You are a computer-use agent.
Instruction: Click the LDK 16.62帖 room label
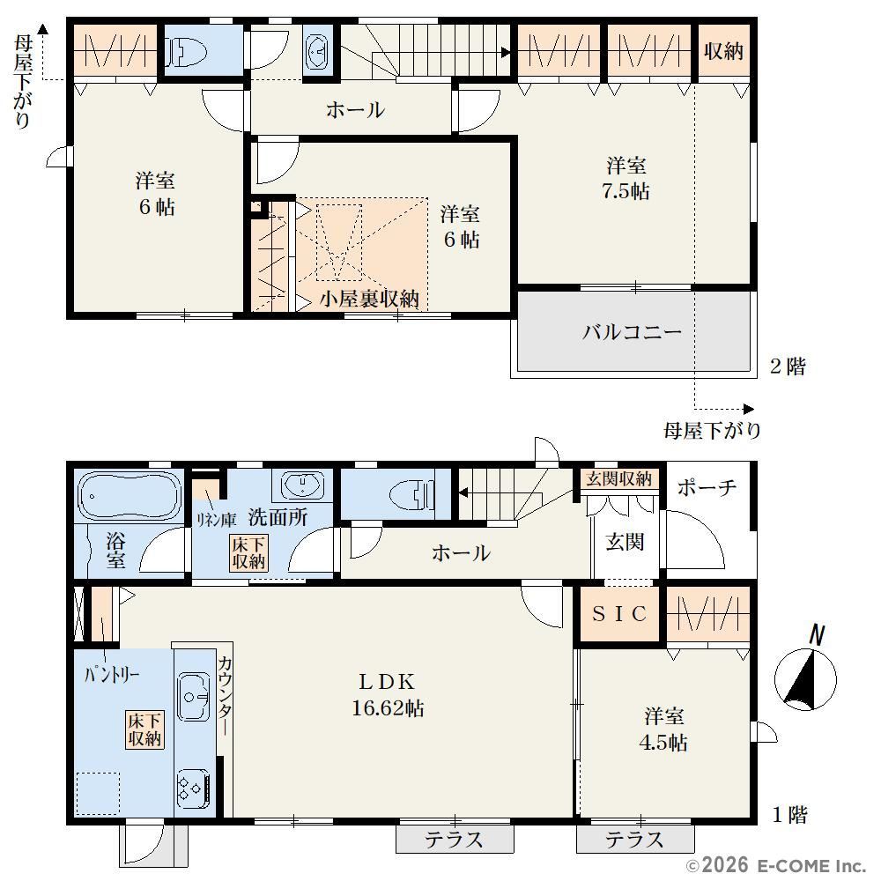tap(388, 695)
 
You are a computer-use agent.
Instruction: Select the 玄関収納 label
tap(618, 478)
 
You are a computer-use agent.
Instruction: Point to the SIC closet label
tap(619, 613)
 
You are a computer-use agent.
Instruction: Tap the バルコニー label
tap(632, 332)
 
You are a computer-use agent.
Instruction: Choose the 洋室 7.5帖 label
tap(626, 179)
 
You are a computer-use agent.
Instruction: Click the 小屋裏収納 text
tap(369, 299)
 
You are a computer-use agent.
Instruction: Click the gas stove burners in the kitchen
tap(193, 784)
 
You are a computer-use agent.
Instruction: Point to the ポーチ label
tap(707, 487)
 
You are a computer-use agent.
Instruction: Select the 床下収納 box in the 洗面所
tap(248, 553)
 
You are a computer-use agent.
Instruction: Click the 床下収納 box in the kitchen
tap(145, 729)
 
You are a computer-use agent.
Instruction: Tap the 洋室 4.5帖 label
tap(663, 729)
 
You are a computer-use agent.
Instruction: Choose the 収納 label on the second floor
tap(723, 51)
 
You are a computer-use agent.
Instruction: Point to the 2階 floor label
tap(788, 366)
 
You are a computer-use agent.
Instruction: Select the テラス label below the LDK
tap(454, 840)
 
